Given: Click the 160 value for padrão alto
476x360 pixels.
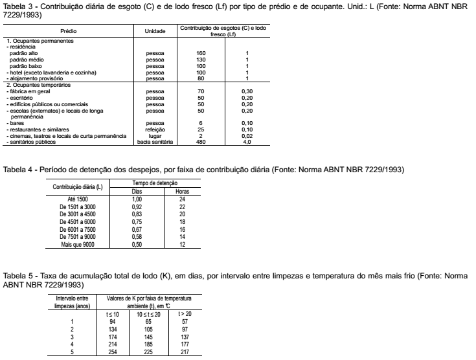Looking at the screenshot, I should [x=200, y=52].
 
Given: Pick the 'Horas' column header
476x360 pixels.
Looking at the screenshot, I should [x=183, y=191].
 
